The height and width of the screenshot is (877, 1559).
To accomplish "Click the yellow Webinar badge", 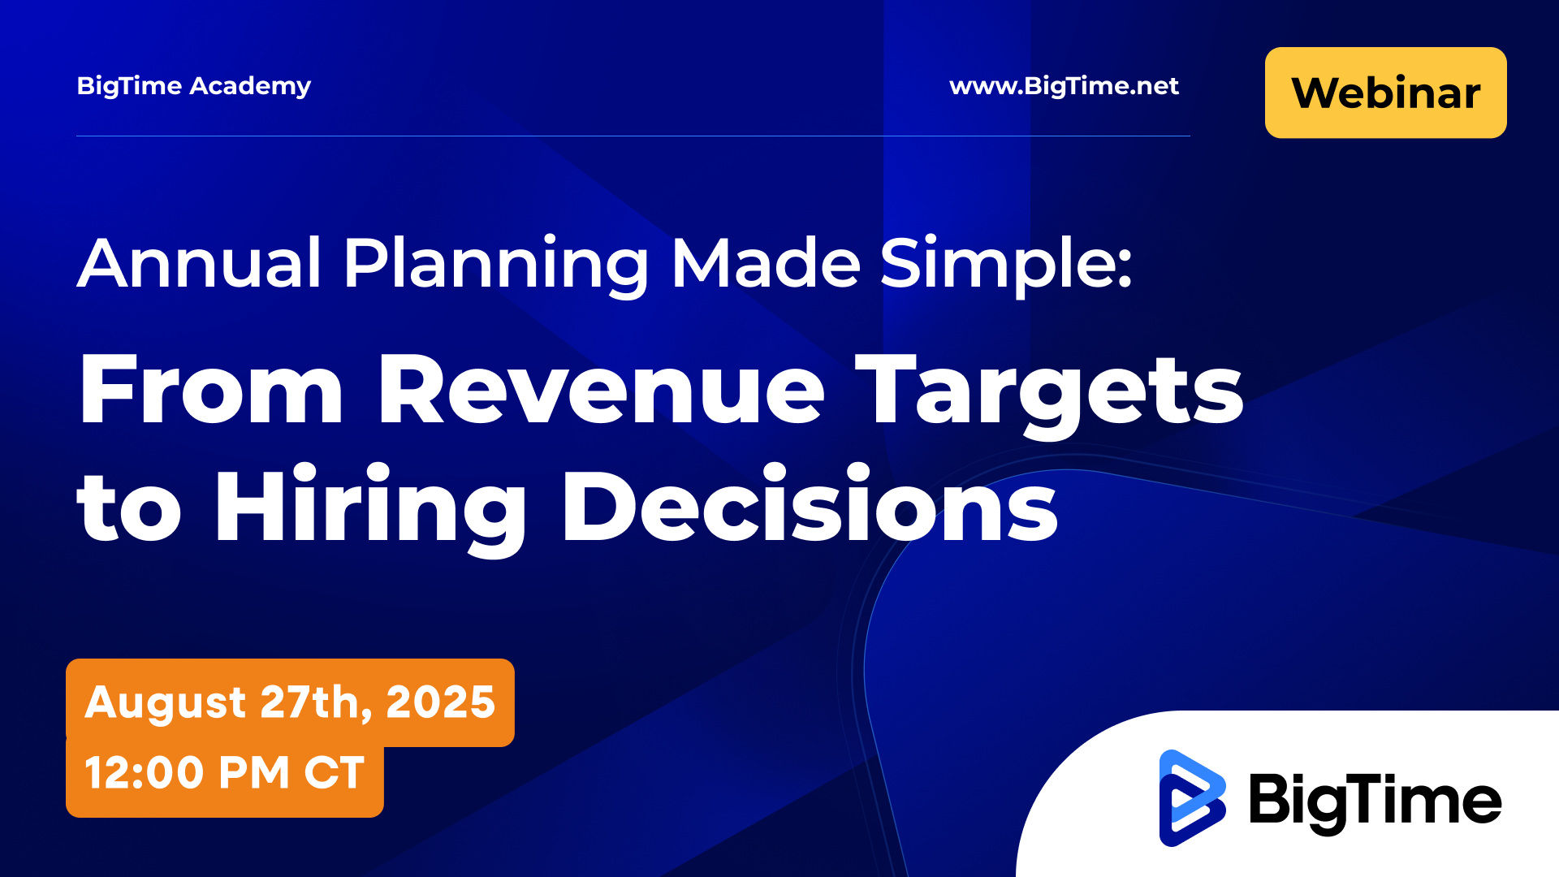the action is click(1385, 93).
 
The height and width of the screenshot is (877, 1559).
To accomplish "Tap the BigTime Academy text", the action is click(194, 87).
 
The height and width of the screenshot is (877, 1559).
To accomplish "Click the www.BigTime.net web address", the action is click(1064, 86).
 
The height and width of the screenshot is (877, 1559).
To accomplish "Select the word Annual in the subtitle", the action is click(200, 263).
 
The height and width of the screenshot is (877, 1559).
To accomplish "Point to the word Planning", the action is click(496, 266).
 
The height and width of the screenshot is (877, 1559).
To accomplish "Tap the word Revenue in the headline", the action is click(602, 390).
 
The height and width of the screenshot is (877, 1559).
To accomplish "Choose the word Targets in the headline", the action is click(1049, 395).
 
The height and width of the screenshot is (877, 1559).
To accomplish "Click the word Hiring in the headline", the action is click(370, 510).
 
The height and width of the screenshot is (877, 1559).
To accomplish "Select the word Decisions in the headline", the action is click(810, 505).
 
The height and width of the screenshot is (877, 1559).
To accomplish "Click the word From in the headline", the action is click(211, 390).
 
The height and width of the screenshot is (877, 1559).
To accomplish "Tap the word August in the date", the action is click(165, 703).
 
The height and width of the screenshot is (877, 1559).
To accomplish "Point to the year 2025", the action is click(440, 702).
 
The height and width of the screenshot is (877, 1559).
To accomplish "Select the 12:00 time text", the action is click(144, 772).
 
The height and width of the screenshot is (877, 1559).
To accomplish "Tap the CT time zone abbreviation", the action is click(334, 772).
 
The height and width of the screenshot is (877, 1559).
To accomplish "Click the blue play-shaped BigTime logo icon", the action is click(1192, 798).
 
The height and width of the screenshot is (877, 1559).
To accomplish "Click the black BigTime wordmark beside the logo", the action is click(1375, 802).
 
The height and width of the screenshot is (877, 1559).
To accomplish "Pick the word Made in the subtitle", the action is click(766, 263).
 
